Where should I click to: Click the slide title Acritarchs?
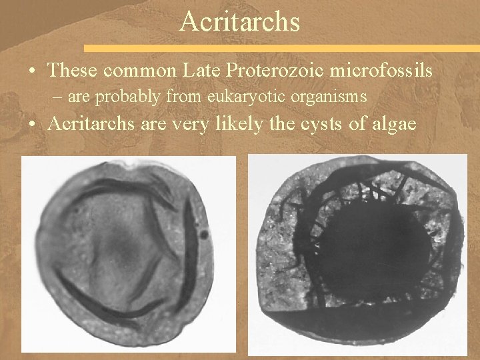[240, 22]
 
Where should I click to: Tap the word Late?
[197, 69]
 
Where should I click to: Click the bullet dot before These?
[33, 69]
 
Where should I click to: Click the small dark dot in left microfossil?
[203, 235]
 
